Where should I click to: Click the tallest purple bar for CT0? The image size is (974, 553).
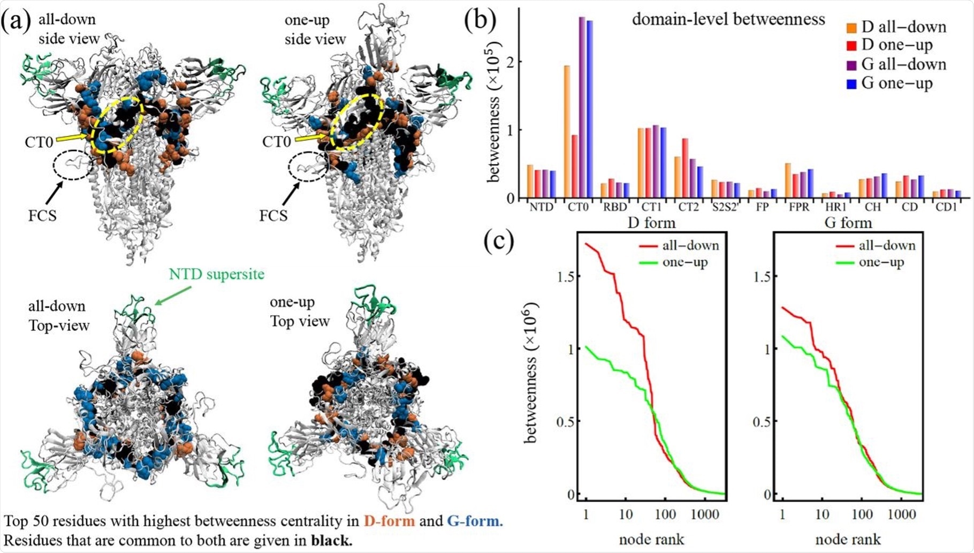(582, 107)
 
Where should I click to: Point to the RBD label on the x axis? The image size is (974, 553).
(615, 207)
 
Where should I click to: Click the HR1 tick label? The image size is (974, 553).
(836, 207)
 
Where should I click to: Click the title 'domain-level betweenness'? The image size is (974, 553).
(728, 20)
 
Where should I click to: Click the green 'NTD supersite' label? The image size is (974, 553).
(217, 275)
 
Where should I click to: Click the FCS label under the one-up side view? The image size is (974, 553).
(273, 216)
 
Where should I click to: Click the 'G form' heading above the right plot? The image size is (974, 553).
(848, 223)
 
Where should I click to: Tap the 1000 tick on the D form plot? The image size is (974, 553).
(705, 515)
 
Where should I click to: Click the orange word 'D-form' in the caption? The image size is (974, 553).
(389, 521)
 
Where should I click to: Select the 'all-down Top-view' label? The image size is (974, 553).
(58, 316)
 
